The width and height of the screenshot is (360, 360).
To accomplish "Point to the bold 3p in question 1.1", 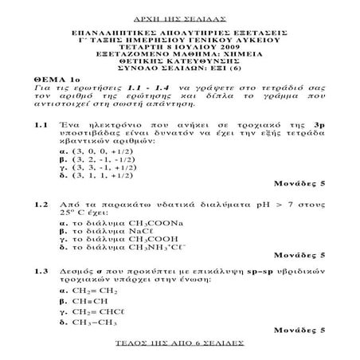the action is (316, 125).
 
